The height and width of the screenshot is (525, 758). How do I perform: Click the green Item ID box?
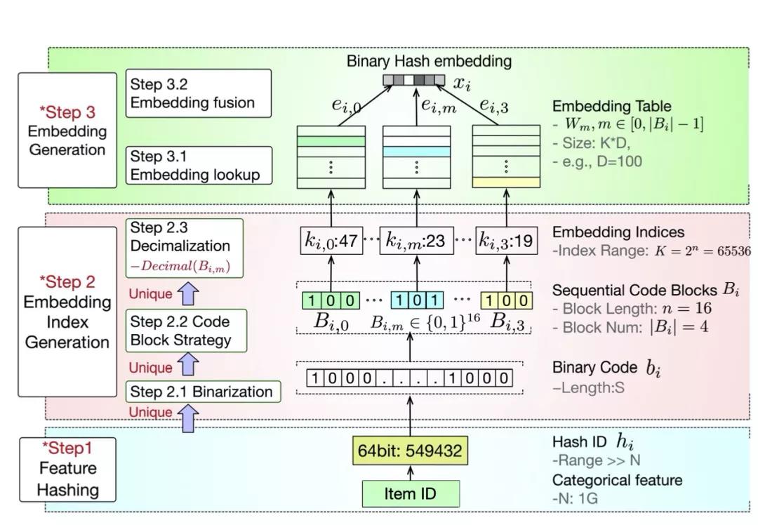point(411,493)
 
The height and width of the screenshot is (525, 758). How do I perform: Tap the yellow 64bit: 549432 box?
point(410,451)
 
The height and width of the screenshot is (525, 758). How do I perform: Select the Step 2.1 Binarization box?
point(204,392)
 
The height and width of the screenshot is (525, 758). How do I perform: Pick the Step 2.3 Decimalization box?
point(185,246)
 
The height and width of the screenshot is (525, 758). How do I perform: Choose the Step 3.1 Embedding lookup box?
point(199,166)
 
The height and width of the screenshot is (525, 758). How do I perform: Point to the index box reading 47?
point(331,241)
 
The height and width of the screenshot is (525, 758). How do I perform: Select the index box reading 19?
point(505,241)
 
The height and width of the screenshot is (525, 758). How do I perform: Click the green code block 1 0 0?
point(331,300)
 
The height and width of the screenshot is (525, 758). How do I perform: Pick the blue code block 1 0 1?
point(417,300)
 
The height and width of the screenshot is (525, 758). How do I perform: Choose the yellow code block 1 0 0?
point(506,300)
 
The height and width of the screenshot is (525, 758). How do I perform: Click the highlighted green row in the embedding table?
point(331,141)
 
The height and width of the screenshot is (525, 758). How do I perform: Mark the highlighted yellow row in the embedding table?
point(506,182)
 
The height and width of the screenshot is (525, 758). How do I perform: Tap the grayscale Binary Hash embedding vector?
point(413,80)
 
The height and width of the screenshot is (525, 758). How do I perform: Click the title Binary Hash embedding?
point(429,61)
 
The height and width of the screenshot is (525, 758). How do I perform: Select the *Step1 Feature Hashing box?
point(67,469)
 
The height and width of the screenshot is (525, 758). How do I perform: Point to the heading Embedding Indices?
point(618,232)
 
